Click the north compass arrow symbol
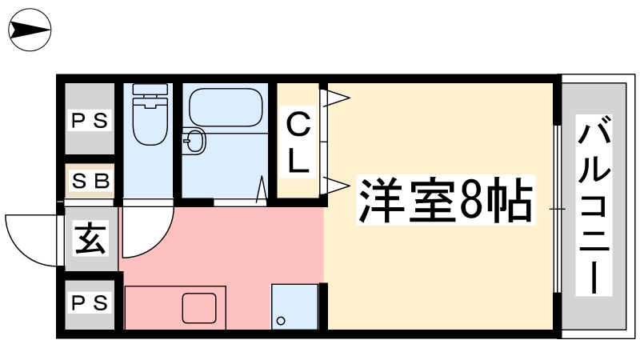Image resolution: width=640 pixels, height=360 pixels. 30,30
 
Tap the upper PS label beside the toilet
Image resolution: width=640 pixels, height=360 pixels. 90,121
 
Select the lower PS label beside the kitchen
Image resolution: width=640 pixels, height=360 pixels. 90,303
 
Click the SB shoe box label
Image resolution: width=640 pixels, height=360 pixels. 90,181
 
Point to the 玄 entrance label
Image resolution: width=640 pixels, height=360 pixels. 90,238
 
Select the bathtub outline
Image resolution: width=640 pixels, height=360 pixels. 226,107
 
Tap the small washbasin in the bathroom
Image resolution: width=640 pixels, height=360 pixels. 194,141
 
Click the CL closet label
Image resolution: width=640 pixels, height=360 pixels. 298,142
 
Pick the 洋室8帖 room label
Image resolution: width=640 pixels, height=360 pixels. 446,201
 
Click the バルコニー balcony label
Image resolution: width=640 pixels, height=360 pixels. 594,205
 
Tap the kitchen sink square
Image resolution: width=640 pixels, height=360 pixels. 199,308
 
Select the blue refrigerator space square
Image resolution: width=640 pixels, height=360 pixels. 294,306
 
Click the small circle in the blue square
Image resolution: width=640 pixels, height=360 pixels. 281,321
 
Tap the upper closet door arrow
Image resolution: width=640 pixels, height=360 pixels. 335,98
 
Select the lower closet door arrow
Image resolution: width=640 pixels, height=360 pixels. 335,186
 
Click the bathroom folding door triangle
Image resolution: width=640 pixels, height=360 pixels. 262,189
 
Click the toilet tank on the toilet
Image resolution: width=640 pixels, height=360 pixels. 150,90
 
